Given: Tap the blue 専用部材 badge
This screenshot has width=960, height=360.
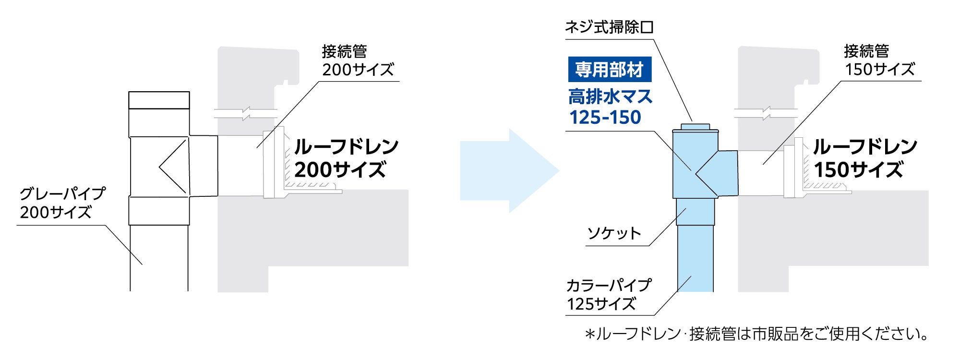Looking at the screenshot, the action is pos(609,70).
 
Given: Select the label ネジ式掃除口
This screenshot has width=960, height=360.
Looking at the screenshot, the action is pos(609,27).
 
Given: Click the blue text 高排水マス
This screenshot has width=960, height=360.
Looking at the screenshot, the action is pos(610,97).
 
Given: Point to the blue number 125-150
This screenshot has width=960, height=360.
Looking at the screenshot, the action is pos(605,118).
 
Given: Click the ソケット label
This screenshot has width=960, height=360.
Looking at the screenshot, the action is pos(614,234).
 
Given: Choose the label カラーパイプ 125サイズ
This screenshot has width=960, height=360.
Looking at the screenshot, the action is pos(608,294).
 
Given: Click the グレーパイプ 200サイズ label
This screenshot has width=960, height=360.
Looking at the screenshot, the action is pos(62,203).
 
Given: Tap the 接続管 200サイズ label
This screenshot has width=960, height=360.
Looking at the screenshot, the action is pos(357,60).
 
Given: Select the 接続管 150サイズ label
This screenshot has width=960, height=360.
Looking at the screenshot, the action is pos(879,60).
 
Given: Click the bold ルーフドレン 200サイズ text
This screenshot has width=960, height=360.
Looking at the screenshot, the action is pos(346,158).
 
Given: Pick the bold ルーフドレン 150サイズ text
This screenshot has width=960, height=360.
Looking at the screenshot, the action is pos(864,158).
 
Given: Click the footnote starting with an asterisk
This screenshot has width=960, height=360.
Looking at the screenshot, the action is pos(756,334).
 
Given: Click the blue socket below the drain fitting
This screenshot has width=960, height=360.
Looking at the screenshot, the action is pos(695,211).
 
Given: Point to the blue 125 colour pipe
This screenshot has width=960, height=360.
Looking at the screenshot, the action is pos(695,259).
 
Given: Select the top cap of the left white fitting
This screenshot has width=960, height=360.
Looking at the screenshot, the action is pos(159,100).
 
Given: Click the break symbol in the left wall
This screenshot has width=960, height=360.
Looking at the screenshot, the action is pos(246,114).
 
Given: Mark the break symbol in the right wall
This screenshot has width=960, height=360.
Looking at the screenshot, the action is pos(766,114).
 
